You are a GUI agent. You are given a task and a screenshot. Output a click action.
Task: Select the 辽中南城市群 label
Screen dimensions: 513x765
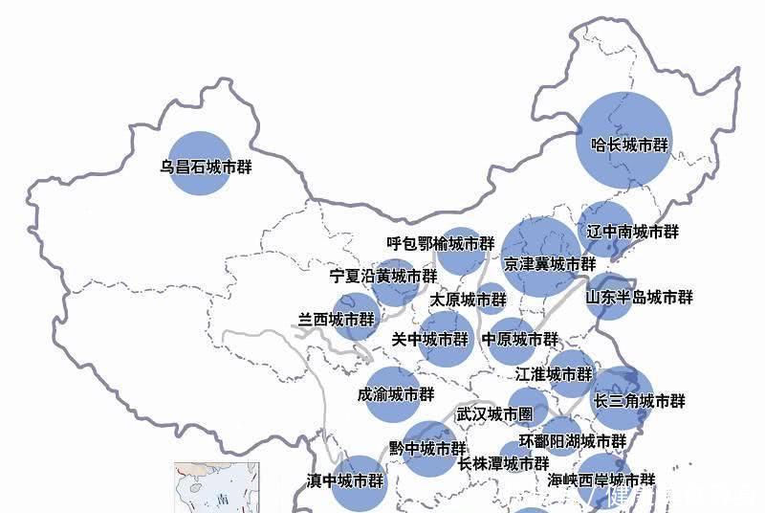(632, 232)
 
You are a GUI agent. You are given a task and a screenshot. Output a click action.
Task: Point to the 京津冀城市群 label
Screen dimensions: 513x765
(550, 263)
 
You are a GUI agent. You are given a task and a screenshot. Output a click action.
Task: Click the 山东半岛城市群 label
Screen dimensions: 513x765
(640, 297)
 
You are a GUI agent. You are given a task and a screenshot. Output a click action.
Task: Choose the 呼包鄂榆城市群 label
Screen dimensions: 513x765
(441, 244)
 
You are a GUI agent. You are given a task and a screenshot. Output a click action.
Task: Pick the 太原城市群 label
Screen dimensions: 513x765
(467, 300)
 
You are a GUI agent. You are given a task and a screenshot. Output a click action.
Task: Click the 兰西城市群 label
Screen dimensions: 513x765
(338, 320)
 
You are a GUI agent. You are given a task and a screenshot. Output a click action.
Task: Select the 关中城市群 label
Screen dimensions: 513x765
(430, 339)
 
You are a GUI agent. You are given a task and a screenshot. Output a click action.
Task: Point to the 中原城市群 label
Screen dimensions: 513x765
(520, 339)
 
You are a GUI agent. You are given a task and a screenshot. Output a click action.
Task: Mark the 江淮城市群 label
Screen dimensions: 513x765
(554, 374)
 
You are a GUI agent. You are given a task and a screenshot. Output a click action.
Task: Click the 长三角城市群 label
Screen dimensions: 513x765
(639, 401)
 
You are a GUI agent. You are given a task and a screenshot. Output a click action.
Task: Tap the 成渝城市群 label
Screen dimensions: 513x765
(396, 393)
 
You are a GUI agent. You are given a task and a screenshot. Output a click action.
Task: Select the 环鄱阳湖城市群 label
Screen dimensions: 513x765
(573, 441)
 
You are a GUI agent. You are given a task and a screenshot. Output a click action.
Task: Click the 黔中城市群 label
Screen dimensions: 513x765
(428, 448)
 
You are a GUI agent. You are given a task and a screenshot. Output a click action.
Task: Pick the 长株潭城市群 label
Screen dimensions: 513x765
(503, 464)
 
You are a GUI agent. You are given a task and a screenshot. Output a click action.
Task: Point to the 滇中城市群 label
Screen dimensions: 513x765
(345, 480)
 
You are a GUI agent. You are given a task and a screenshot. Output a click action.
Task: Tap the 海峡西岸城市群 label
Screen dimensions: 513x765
(602, 480)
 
